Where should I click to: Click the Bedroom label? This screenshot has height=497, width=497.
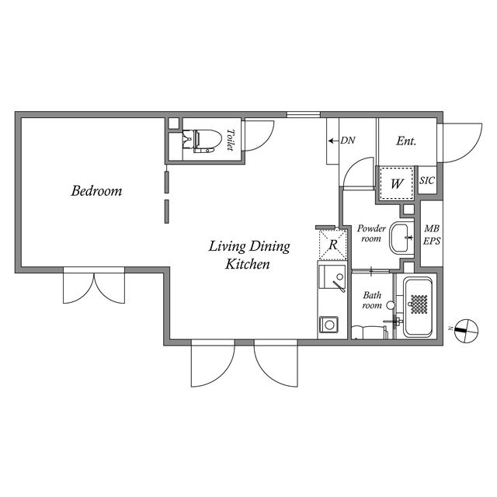[x=96, y=191]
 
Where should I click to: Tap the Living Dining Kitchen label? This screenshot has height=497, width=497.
[x=249, y=255]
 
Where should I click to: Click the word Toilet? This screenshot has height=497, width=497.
[x=231, y=140]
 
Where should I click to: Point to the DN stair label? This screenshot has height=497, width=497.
[x=348, y=141]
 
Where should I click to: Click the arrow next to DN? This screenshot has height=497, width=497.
[x=333, y=141]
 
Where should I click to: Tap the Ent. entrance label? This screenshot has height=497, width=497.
[x=406, y=141]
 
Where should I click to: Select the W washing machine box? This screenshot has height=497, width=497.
[x=397, y=183]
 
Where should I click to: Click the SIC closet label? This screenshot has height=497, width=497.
[x=427, y=180]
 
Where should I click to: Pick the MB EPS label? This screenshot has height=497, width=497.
[x=432, y=235]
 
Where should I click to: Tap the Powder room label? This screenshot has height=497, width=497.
[x=371, y=233]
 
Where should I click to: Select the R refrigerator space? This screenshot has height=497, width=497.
[x=333, y=245]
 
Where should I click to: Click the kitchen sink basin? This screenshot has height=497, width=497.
[x=332, y=277]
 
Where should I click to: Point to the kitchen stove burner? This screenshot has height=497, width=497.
[x=328, y=325]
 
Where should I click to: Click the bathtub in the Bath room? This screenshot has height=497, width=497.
[x=419, y=308]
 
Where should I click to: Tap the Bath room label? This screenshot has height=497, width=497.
[x=372, y=301]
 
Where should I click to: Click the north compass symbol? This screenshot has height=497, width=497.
[x=466, y=331]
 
